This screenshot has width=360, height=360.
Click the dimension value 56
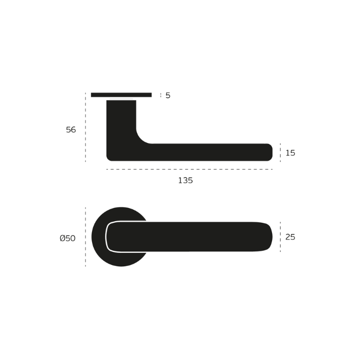(71, 130)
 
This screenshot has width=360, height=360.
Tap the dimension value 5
(168, 95)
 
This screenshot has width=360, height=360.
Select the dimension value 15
(290, 153)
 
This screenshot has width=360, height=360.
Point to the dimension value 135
(185, 181)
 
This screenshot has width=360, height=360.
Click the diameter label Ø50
(67, 238)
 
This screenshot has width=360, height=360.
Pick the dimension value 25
(290, 237)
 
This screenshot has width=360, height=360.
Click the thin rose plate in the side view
(121, 95)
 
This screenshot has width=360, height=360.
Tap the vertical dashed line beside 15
(280, 153)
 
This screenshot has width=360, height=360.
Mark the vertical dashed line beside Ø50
(85, 237)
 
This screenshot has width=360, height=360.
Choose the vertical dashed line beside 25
(280, 237)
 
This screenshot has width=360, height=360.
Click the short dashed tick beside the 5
(160, 95)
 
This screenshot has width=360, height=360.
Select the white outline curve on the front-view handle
(107, 237)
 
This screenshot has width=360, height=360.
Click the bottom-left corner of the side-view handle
(110, 157)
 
